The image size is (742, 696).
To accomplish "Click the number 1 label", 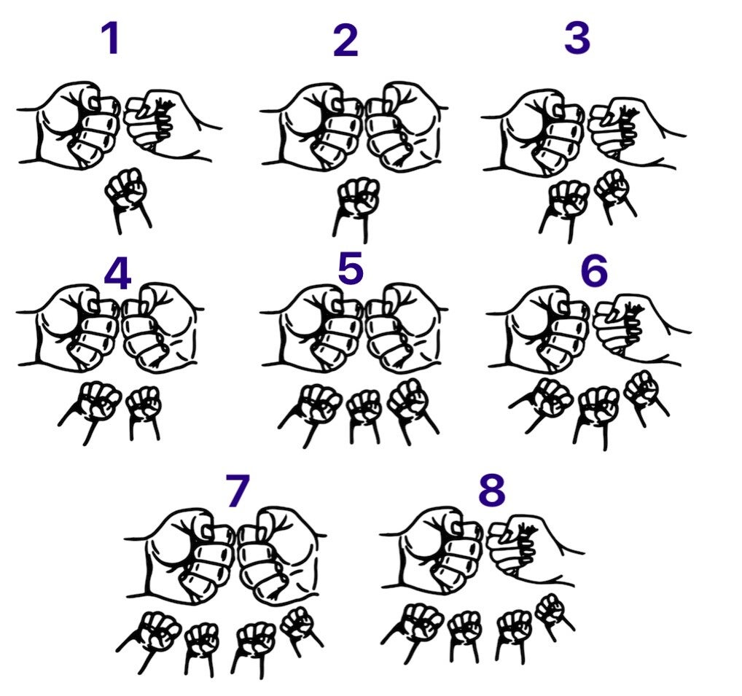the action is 111,39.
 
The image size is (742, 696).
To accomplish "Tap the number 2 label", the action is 345,41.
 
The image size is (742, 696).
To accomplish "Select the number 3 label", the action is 577,37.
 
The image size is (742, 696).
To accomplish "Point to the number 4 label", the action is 117,275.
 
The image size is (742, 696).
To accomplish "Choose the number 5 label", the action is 351,267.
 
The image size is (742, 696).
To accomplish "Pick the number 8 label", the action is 492,490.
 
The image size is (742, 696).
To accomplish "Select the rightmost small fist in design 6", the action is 644,396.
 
